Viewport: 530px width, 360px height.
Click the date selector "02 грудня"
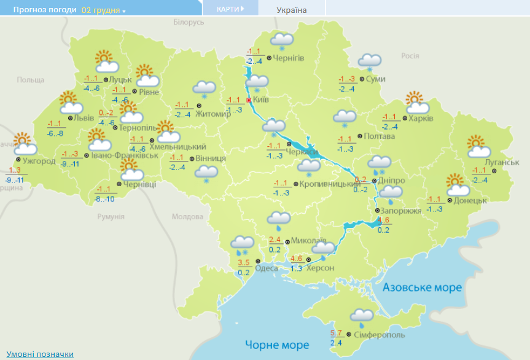102,10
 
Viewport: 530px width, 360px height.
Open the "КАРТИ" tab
230,9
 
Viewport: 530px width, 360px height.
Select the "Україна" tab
292,10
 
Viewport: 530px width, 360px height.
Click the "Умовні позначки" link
40,354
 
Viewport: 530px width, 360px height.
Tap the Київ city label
262,100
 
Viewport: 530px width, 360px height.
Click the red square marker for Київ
249,100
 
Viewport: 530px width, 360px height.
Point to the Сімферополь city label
379,335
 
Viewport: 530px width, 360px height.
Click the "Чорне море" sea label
277,344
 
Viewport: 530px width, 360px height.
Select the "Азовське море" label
422,288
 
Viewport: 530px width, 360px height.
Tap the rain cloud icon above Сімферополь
362,318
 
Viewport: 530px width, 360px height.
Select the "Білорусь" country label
188,22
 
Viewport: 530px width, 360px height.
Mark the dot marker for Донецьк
450,200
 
